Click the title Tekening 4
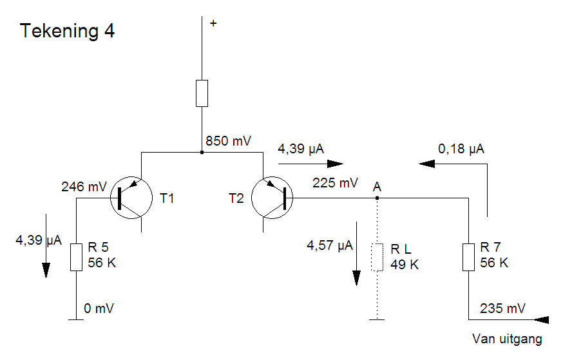[68, 31]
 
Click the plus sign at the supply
[213, 23]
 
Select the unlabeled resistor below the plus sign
[202, 93]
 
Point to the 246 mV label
[84, 187]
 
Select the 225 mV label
[334, 183]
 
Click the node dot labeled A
[377, 198]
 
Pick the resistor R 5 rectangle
[76, 257]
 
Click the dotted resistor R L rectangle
[377, 257]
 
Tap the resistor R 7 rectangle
[468, 257]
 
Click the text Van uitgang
[507, 339]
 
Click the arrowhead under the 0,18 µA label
[427, 164]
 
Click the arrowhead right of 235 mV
[540, 319]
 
